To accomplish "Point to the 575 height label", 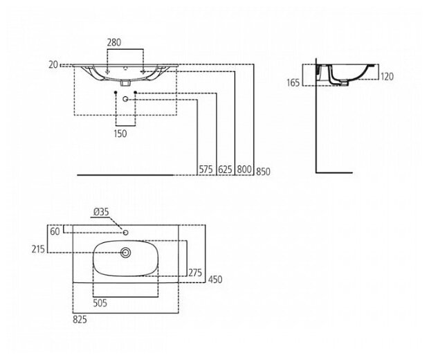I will (204, 168).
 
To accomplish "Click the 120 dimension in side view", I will (387, 77).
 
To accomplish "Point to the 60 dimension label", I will (55, 232).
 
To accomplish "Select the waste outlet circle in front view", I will (125, 100).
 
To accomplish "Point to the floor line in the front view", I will (125, 175).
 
